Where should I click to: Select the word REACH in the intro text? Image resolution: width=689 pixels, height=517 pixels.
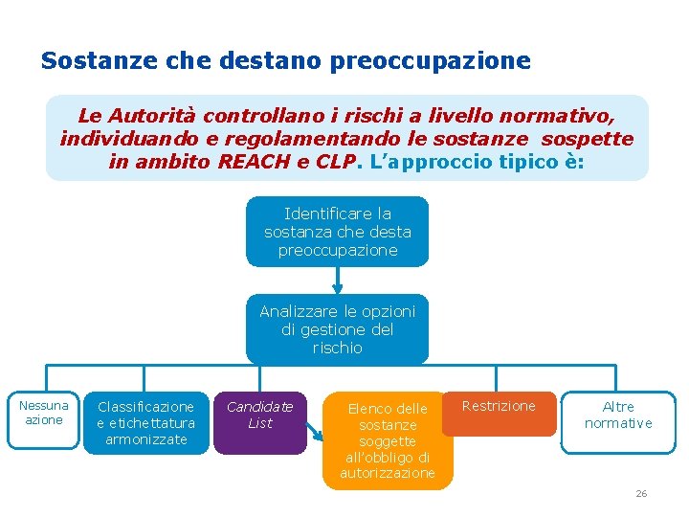[253, 162]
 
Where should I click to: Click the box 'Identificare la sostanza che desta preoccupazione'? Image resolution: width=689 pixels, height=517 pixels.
[337, 232]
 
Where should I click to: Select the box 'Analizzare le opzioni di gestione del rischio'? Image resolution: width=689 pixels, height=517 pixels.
[337, 329]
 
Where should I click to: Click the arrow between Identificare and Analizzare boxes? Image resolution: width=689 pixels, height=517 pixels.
[337, 280]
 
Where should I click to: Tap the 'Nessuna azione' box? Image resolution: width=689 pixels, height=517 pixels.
[44, 414]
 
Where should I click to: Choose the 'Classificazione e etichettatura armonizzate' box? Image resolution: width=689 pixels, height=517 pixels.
[145, 422]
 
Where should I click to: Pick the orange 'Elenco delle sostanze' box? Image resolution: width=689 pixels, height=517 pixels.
[387, 439]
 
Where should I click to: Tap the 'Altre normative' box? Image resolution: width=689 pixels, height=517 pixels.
[618, 415]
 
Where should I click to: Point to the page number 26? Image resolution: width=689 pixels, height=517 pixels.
[641, 493]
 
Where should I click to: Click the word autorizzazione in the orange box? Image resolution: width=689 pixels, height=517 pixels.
[387, 474]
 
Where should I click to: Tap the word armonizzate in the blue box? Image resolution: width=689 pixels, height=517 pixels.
[145, 439]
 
